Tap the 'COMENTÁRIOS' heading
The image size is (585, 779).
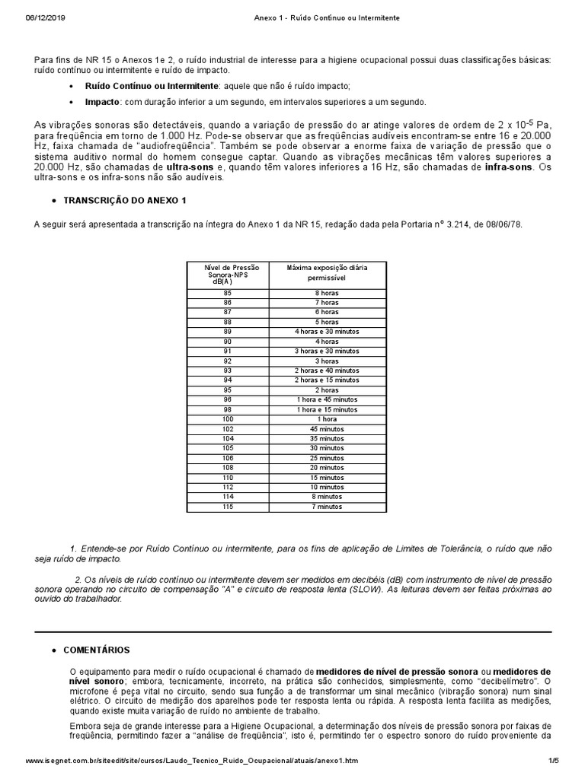click(x=97, y=650)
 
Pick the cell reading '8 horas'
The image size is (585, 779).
click(x=327, y=293)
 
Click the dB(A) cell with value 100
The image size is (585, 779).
click(x=226, y=419)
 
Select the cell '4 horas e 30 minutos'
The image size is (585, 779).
click(x=327, y=332)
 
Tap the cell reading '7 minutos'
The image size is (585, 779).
click(x=327, y=506)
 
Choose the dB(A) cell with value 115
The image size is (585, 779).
click(x=226, y=506)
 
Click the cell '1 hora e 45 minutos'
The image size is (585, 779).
click(x=327, y=399)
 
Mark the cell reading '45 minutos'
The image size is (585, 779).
click(x=327, y=428)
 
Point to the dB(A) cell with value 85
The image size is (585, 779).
click(x=226, y=293)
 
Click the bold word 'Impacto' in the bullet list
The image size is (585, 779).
click(x=101, y=102)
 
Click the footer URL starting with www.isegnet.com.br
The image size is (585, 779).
click(x=186, y=762)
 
